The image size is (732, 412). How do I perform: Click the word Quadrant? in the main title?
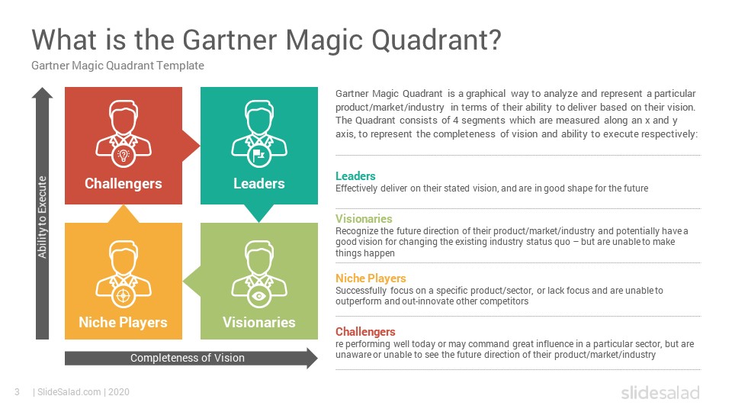point(436,41)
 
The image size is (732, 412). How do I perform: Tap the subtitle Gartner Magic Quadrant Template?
point(117,66)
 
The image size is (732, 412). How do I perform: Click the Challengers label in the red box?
point(124,184)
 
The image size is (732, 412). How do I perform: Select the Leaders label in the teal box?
point(259,184)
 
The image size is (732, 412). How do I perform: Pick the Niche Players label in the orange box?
point(123,322)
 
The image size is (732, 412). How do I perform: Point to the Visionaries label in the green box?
point(259,322)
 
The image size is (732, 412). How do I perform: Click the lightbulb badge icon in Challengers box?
point(124,155)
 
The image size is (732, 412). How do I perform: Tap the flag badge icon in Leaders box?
point(259,155)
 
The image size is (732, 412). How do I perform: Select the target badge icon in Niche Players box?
point(124,296)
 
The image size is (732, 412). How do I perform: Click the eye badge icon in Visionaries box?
point(259,296)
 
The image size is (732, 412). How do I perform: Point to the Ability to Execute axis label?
point(43,217)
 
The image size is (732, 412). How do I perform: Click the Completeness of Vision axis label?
point(188,358)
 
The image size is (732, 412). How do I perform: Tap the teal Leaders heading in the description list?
point(355,176)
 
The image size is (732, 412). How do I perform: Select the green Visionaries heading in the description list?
point(364,219)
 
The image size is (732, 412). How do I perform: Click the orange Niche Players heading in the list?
point(371,278)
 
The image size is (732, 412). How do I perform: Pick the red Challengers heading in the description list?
point(365,332)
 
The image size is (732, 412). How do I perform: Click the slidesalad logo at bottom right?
point(660,392)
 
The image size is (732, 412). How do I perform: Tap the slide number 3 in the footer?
point(18,392)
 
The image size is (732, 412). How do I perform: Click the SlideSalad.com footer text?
point(69,392)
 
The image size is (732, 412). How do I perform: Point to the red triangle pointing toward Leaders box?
point(190,146)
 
